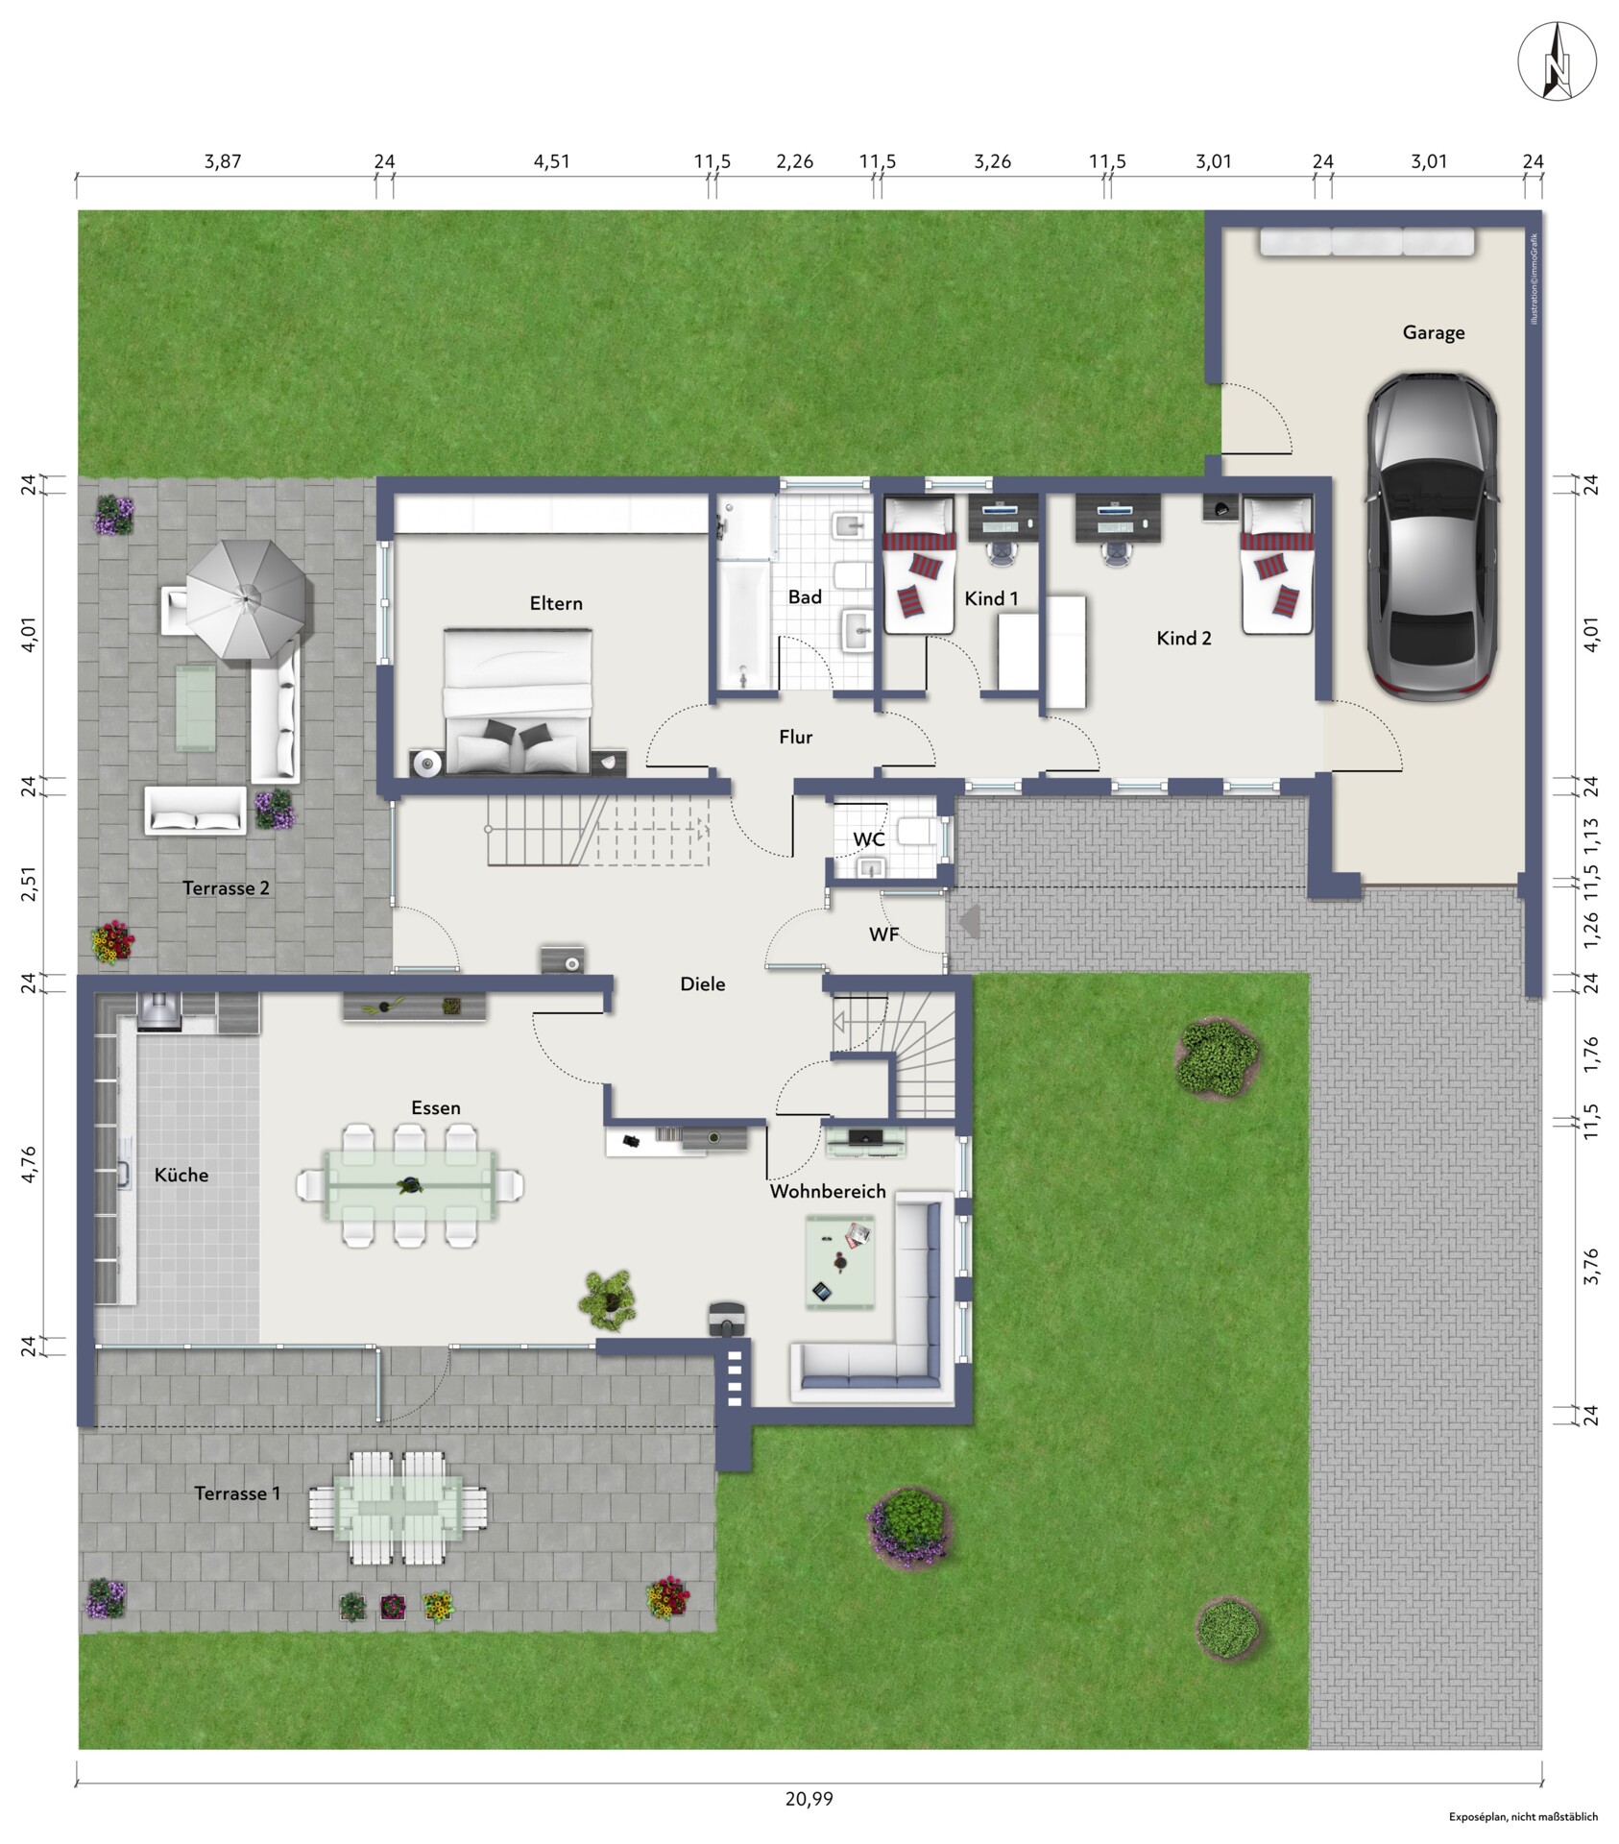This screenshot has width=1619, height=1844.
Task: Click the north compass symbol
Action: [1557, 61]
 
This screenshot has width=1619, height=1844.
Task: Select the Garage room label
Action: [1434, 332]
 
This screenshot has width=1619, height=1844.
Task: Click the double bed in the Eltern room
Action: [518, 700]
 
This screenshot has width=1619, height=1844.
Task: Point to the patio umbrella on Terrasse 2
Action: [247, 599]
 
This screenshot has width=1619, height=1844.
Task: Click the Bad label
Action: [805, 597]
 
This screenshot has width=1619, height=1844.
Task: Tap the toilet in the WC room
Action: [916, 832]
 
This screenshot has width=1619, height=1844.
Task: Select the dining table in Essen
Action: [411, 1185]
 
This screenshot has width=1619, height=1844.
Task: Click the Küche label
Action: [181, 1175]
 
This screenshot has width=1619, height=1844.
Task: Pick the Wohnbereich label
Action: [828, 1191]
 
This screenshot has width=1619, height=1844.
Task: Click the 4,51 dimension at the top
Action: [552, 161]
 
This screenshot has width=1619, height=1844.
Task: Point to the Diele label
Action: [703, 983]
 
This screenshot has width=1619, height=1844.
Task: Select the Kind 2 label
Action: [1184, 638]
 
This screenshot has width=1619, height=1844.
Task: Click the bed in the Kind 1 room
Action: [919, 564]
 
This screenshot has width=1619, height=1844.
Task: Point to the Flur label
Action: [795, 737]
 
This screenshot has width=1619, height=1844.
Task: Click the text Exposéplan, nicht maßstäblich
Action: [1523, 1817]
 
